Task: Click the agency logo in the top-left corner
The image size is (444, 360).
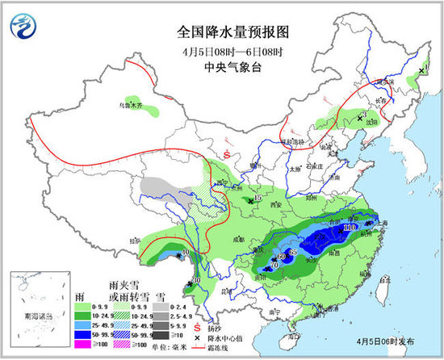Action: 24,27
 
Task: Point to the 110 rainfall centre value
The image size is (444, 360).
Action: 349,228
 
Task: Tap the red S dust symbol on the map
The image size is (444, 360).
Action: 228,153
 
